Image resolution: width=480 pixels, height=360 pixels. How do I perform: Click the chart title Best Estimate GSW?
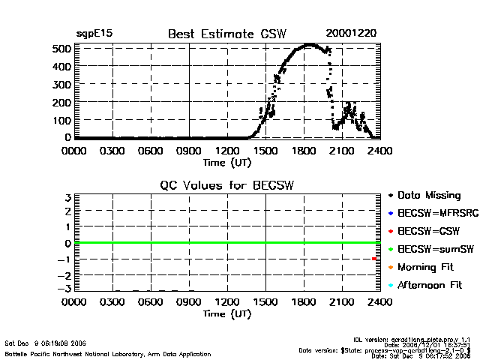point(227,33)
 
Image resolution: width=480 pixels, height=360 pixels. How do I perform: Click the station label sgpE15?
point(94,34)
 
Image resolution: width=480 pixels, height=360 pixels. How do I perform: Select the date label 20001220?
point(351,33)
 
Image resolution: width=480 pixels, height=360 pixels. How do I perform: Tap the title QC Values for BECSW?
point(227,185)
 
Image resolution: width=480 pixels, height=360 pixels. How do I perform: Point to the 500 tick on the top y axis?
point(61,49)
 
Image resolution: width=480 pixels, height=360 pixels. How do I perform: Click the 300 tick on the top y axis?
point(61,84)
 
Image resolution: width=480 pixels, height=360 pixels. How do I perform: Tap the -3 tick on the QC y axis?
point(65,289)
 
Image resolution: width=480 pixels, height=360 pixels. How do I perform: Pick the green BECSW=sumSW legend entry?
point(429,250)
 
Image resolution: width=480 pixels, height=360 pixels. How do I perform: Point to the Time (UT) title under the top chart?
point(227,162)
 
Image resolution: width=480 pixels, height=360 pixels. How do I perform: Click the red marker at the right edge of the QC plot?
point(374,259)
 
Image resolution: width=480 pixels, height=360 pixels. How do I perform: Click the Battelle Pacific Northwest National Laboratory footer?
point(108,353)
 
